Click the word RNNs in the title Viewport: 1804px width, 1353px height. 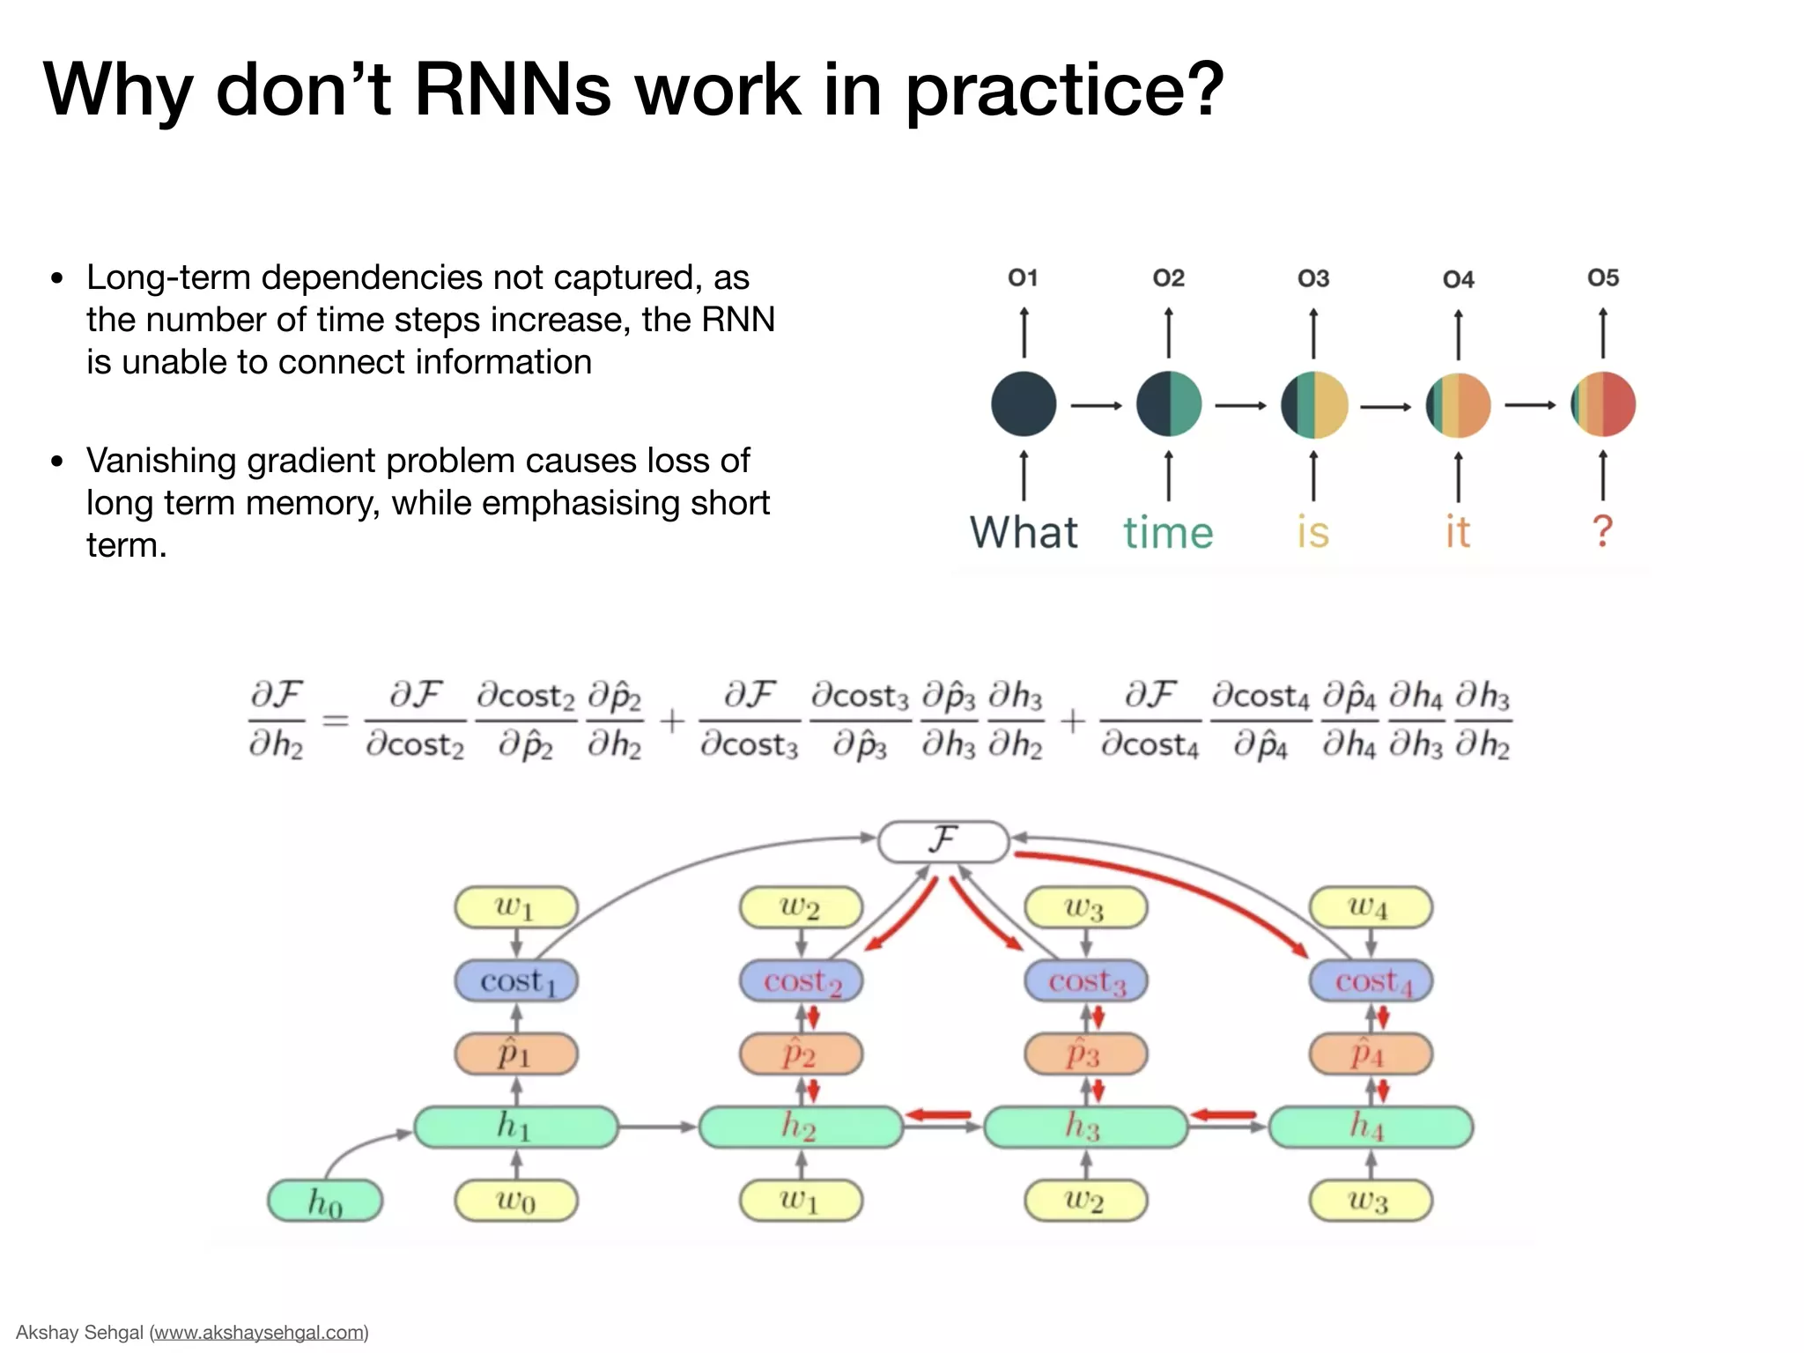pyautogui.click(x=512, y=90)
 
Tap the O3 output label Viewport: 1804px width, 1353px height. pyautogui.click(x=1312, y=279)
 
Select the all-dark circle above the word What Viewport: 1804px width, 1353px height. pyautogui.click(x=1024, y=404)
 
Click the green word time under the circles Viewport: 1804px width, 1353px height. pyautogui.click(x=1168, y=533)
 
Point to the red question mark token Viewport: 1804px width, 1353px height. pyautogui.click(x=1602, y=531)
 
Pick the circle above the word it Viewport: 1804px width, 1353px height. pyautogui.click(x=1458, y=405)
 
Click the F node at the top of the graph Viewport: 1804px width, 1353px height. pyautogui.click(x=943, y=841)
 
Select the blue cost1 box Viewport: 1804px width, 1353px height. pyautogui.click(x=516, y=981)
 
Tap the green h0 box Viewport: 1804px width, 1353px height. pyautogui.click(x=325, y=1201)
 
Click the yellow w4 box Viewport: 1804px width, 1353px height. pyautogui.click(x=1371, y=907)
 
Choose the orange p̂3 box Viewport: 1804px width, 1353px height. pyautogui.click(x=1085, y=1054)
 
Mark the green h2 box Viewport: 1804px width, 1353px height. pyautogui.click(x=801, y=1127)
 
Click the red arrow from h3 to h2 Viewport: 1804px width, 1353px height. pyautogui.click(x=939, y=1115)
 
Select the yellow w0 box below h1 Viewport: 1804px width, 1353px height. pyautogui.click(x=516, y=1201)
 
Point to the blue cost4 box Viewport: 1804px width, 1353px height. pyautogui.click(x=1371, y=981)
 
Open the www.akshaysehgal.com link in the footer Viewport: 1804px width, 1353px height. pyautogui.click(x=260, y=1332)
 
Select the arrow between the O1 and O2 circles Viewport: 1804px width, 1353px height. pyautogui.click(x=1096, y=405)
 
